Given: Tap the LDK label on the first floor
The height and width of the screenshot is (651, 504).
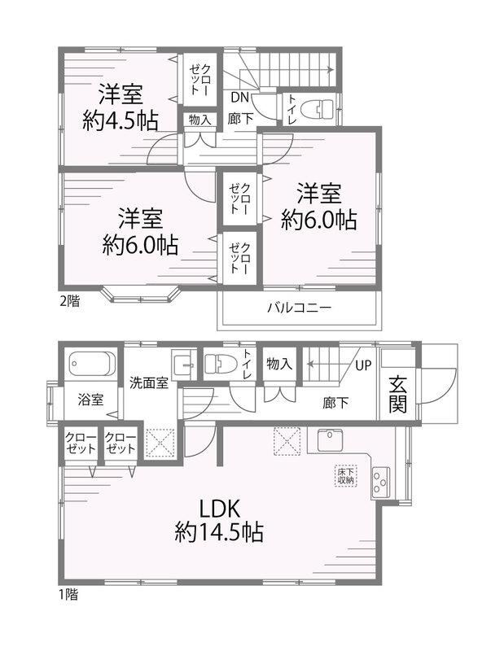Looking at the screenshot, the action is (x=219, y=509).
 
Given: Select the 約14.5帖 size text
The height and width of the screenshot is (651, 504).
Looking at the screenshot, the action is (x=219, y=532).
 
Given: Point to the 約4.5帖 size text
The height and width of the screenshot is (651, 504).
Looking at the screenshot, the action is (x=120, y=120).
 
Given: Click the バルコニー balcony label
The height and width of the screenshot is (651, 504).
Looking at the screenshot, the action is (x=299, y=308).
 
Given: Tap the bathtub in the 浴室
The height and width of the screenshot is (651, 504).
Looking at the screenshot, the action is (x=92, y=364).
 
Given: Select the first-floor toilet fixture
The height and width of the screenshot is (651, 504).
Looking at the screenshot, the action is (x=221, y=363).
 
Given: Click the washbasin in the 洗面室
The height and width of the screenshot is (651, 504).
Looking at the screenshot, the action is (x=184, y=365).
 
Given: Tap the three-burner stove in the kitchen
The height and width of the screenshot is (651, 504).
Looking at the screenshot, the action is (x=380, y=482).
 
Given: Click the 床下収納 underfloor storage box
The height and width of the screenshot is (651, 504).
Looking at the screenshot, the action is (x=345, y=475).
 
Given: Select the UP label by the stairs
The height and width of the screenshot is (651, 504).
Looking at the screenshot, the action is (x=362, y=365).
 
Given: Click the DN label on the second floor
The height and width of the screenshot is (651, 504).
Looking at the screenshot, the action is (x=239, y=98).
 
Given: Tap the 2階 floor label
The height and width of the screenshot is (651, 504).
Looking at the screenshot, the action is (x=69, y=300).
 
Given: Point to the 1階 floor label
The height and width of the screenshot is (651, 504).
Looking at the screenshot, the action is (x=68, y=595).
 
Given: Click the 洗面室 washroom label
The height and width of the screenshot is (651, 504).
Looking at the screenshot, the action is (x=149, y=382).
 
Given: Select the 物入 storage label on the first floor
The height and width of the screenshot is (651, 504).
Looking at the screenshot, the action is (x=279, y=364).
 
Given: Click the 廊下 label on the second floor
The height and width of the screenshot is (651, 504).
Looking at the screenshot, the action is (x=240, y=119).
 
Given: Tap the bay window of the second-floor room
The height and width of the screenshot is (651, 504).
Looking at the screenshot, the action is (x=140, y=294).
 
